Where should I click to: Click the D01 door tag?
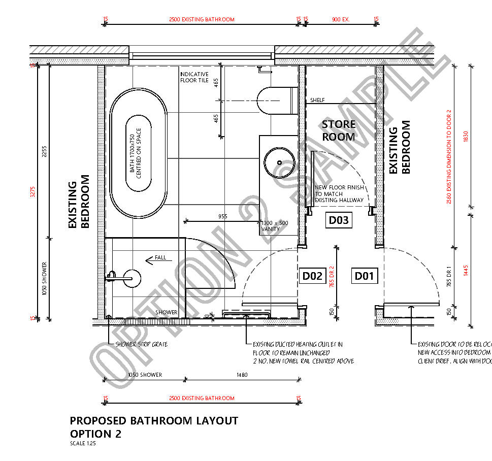click(x=364, y=276)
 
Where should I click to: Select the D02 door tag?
click(x=312, y=276)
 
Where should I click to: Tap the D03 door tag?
click(x=339, y=220)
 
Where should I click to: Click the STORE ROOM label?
click(x=339, y=130)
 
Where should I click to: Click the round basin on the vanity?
click(x=279, y=162)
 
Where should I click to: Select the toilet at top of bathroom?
click(x=277, y=101)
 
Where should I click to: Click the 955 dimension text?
click(x=222, y=216)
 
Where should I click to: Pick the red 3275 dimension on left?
click(x=33, y=191)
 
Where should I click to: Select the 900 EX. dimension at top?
click(x=341, y=20)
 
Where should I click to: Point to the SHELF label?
click(x=317, y=101)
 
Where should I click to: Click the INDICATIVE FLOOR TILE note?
click(x=194, y=77)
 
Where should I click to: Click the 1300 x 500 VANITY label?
click(x=274, y=226)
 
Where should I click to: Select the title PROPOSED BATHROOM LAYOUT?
click(x=153, y=420)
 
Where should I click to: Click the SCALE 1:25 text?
click(x=83, y=443)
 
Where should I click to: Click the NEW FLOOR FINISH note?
click(x=339, y=194)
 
